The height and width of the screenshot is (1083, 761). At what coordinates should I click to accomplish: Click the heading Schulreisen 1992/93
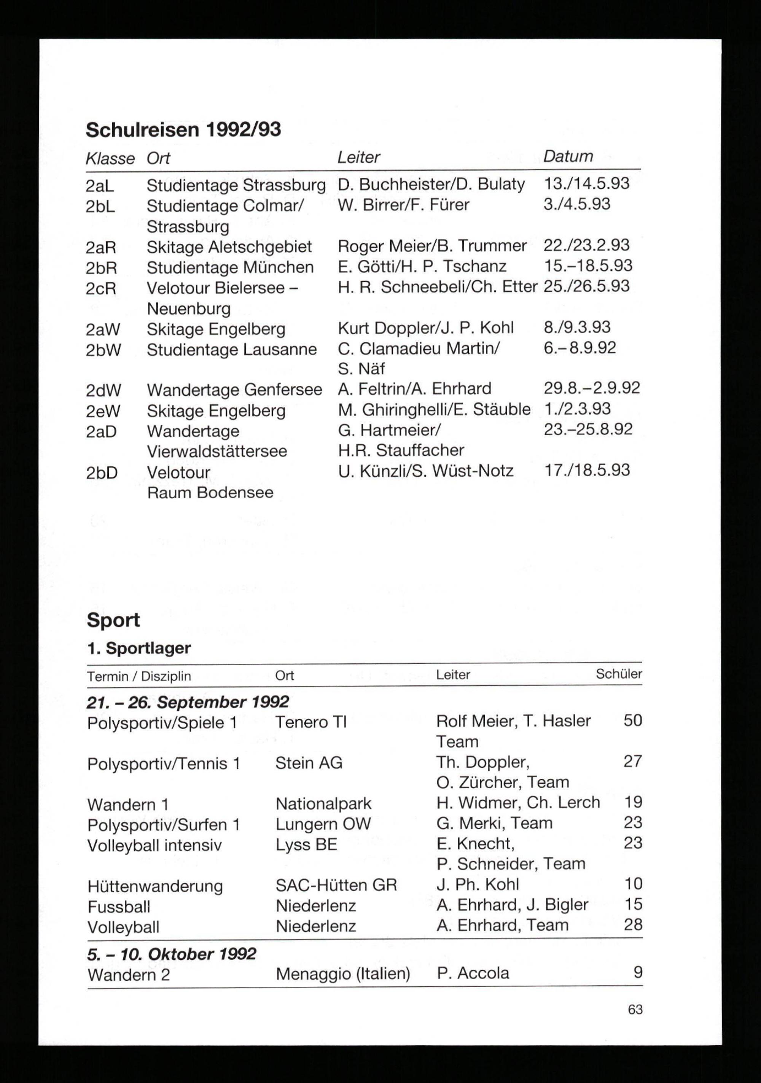point(183,129)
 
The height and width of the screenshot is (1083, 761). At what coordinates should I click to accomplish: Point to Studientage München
point(230,267)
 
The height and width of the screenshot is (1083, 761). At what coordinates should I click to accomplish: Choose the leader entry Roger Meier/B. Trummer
point(432,246)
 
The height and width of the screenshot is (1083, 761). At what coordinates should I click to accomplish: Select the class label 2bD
point(102,472)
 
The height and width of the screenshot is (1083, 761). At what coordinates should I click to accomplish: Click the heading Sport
point(113,620)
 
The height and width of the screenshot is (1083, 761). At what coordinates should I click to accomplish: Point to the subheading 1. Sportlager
point(139,648)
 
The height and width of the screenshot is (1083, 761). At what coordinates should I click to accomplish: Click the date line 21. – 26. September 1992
point(187,702)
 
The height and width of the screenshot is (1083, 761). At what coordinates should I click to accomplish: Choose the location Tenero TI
point(310,722)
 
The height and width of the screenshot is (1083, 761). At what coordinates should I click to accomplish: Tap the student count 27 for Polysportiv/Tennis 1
point(632,761)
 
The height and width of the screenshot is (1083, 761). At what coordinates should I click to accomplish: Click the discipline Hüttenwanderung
point(155,886)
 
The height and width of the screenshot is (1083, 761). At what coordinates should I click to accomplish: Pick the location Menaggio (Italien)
point(342,973)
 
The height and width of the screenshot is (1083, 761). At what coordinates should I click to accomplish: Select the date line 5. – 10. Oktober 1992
point(171,954)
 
